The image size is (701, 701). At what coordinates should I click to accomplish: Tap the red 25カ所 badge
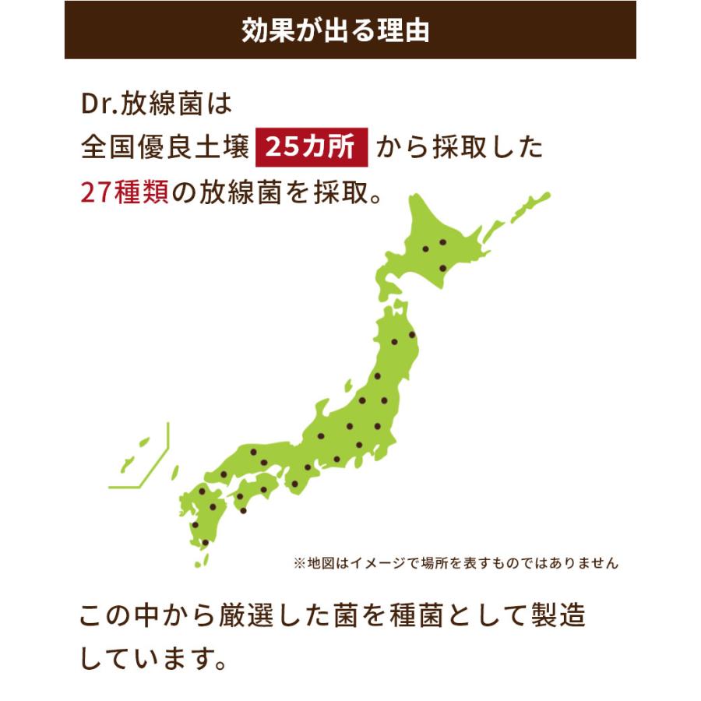[x=311, y=148]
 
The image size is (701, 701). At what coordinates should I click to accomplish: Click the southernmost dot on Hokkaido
[x=442, y=269]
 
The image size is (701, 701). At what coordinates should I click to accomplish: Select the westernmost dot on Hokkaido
[x=425, y=248]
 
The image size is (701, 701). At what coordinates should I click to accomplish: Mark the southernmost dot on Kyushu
[x=205, y=542]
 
